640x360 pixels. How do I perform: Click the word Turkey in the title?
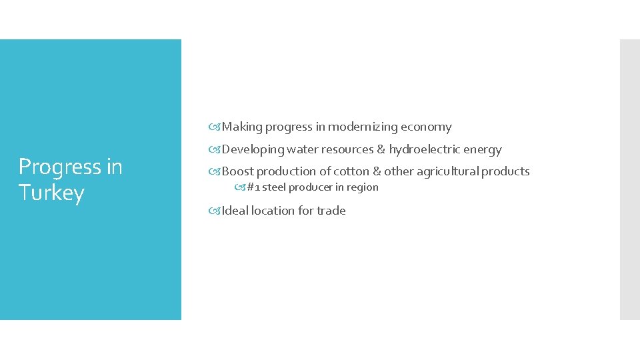click(51, 193)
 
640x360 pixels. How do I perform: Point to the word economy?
click(426, 127)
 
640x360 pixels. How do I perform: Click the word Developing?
click(253, 149)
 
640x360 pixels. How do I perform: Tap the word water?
click(303, 149)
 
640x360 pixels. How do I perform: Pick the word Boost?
click(237, 171)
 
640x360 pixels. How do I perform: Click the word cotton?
click(351, 171)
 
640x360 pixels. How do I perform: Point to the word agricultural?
click(445, 171)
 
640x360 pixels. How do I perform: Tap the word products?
click(506, 171)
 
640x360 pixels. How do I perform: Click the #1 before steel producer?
click(253, 187)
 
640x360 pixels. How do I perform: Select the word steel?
click(274, 187)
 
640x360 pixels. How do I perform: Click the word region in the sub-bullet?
click(363, 187)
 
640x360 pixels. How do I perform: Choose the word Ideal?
click(236, 211)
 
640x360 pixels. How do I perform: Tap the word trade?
click(331, 211)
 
